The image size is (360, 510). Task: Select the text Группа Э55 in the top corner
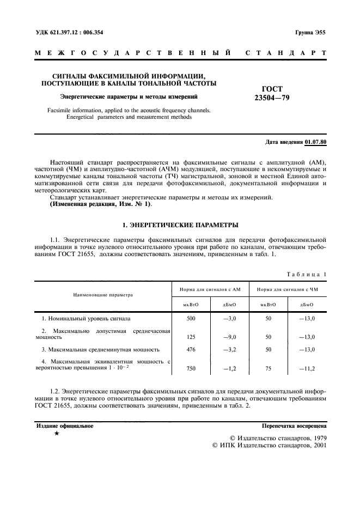pos(310,32)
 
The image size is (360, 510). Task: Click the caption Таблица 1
pos(307,274)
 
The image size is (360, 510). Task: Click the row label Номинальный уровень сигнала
pos(86,318)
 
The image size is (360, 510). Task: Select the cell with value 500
pos(191,318)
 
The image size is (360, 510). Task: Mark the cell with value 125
pos(191,337)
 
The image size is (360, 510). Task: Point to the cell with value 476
pos(191,349)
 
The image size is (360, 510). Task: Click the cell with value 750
pos(191,368)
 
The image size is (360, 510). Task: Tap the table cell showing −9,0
pos(229,337)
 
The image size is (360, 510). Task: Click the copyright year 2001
pos(316,445)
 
